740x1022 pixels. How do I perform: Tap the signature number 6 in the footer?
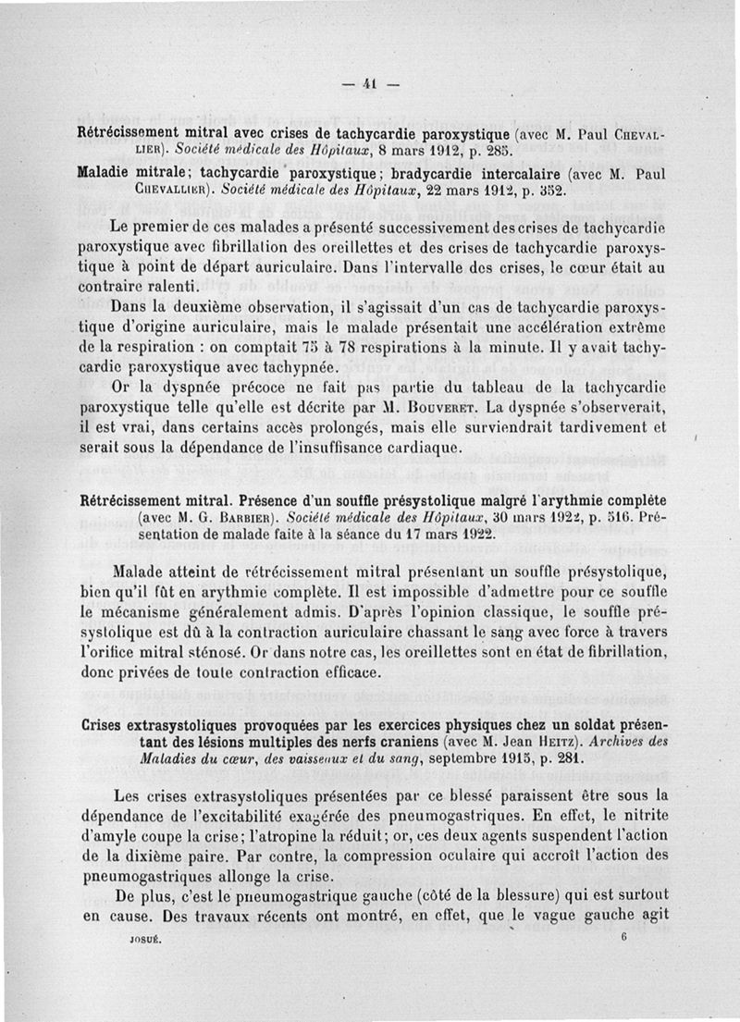click(x=624, y=935)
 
